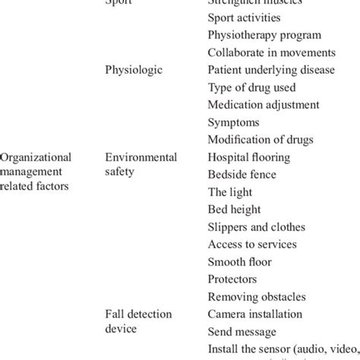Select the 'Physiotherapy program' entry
coord(264,34)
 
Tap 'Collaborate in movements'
coord(271,52)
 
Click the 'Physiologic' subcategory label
coord(134,69)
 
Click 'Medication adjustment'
coord(264,104)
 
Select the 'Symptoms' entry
coord(234,122)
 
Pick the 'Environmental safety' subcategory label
coord(141,164)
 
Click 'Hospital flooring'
coord(249,156)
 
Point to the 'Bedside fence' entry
coord(242,174)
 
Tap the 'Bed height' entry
coord(235,209)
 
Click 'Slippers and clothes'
coord(257,226)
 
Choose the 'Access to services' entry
coord(252,244)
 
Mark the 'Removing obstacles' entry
coord(257,296)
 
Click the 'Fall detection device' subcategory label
coord(139,321)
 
